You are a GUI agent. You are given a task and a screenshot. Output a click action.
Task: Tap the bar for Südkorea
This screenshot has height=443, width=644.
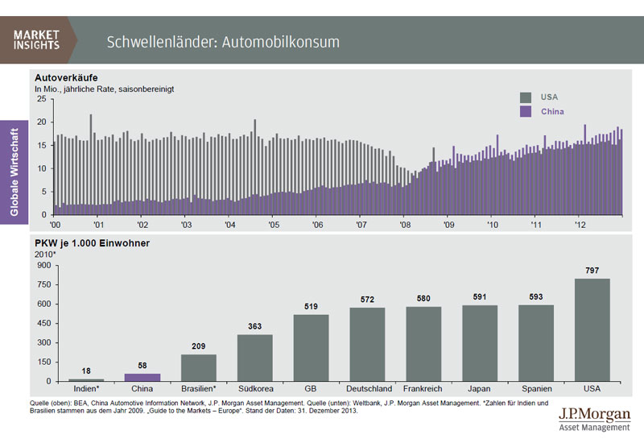click(x=254, y=358)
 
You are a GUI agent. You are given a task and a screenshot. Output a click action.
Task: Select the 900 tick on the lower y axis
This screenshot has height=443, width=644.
click(x=43, y=265)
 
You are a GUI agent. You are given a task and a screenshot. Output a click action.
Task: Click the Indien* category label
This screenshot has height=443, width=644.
click(x=86, y=389)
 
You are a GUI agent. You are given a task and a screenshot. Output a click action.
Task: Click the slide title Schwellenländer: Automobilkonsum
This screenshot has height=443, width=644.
click(x=223, y=41)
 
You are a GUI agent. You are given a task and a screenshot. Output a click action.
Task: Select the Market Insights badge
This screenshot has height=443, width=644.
click(x=37, y=39)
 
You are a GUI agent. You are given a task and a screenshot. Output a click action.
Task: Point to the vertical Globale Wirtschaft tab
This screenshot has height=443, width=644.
click(x=14, y=169)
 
